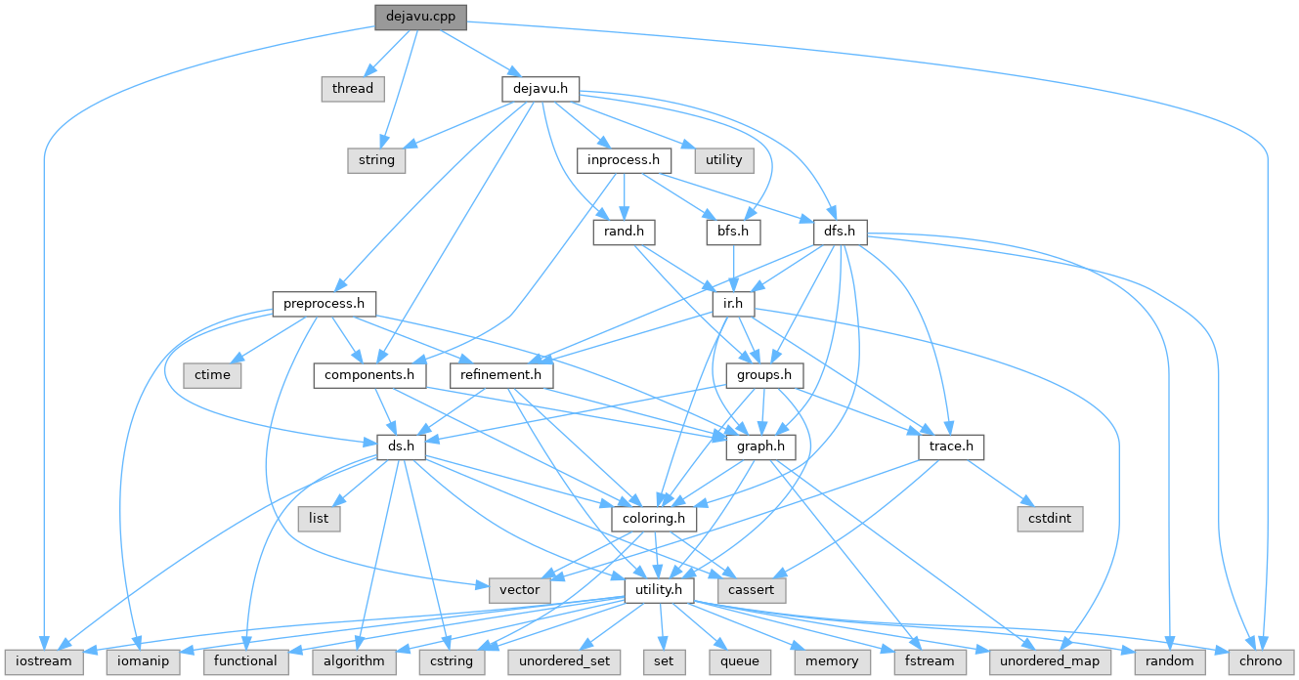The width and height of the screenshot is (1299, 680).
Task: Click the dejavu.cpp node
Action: click(x=420, y=16)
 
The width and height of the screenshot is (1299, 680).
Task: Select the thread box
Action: click(x=352, y=88)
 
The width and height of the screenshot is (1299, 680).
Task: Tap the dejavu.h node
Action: click(x=541, y=88)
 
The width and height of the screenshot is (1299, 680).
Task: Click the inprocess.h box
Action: click(x=624, y=159)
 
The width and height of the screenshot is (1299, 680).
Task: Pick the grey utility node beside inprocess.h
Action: click(x=723, y=159)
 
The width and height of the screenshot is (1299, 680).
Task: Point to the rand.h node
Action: click(x=624, y=232)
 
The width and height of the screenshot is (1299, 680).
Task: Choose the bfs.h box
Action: click(x=733, y=232)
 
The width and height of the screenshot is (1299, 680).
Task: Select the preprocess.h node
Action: click(x=324, y=304)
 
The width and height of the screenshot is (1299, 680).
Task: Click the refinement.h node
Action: click(x=502, y=375)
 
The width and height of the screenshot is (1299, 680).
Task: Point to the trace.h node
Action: click(x=950, y=446)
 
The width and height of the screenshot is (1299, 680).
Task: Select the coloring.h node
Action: click(x=654, y=518)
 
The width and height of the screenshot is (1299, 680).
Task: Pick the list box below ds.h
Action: click(x=319, y=518)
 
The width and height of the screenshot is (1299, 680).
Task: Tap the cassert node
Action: click(x=751, y=589)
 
